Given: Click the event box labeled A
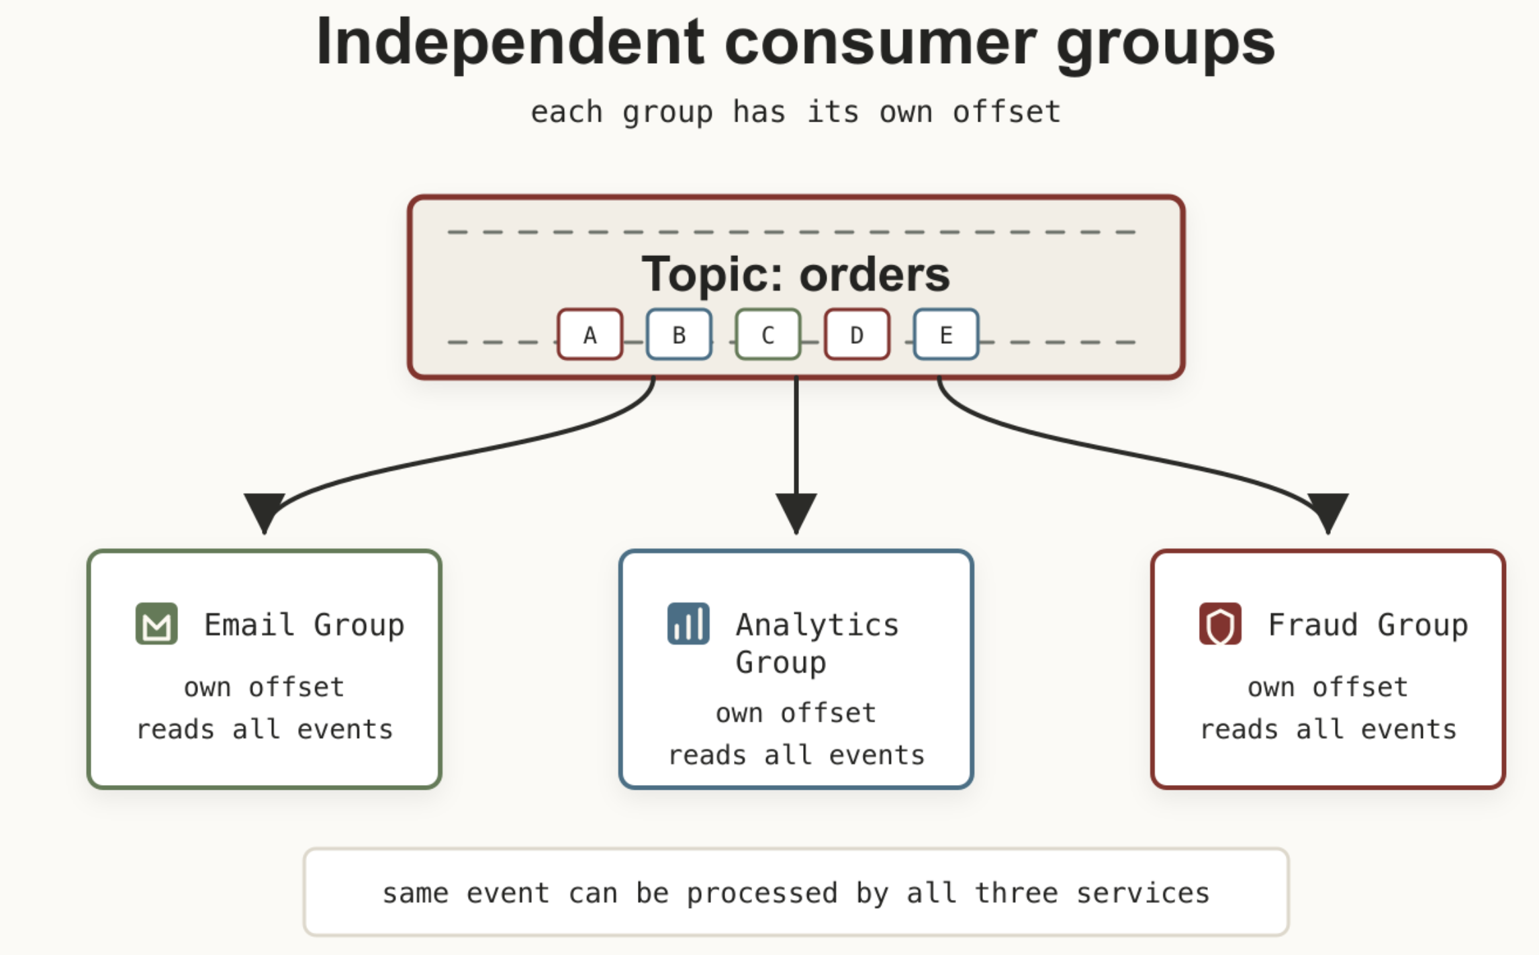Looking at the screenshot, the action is click(590, 334).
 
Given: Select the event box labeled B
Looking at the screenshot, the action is click(679, 334).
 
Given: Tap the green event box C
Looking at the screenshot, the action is click(768, 334).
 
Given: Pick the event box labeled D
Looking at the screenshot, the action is click(857, 334).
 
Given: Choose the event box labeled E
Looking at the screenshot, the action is click(946, 334).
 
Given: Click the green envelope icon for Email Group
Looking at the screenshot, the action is click(156, 623).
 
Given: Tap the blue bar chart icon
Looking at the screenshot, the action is click(688, 623).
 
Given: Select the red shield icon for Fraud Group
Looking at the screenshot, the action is click(1220, 623).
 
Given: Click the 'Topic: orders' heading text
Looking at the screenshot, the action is click(796, 275).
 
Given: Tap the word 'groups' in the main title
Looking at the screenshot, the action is click(1165, 45).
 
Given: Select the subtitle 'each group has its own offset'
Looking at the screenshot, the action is click(796, 112).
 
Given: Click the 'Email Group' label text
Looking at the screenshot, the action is click(304, 625).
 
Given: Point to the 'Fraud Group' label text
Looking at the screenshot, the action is click(1368, 625).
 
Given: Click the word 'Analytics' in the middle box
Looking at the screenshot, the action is click(817, 625).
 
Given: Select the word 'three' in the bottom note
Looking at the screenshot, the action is click(1016, 893).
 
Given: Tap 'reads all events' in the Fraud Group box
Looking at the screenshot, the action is click(1328, 729).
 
